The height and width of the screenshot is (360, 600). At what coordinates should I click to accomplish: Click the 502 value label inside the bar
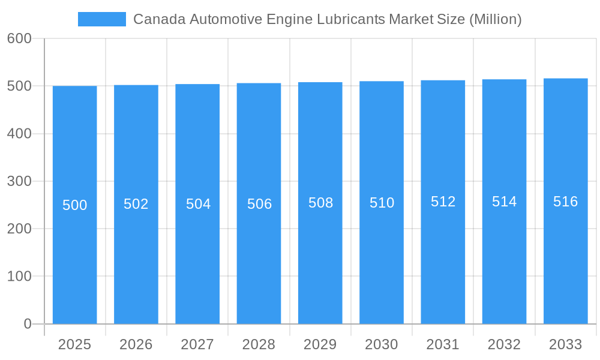point(136,204)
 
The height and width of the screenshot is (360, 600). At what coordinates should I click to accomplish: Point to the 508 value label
point(320,203)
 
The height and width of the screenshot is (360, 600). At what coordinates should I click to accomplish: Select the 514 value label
point(504,202)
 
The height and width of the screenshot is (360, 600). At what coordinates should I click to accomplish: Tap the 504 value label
point(198,204)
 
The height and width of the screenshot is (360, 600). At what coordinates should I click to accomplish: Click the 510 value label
point(382,203)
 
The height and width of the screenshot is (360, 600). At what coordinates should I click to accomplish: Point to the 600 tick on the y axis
point(19,38)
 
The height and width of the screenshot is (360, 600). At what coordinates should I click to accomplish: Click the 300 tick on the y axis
point(19,181)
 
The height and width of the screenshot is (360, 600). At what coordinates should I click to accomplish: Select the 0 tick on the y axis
point(28,324)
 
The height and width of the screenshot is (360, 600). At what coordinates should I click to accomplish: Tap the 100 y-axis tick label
point(19,277)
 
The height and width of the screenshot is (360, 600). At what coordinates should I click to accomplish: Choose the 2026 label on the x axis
point(136,344)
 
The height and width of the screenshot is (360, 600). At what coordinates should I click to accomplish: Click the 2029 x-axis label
point(320,344)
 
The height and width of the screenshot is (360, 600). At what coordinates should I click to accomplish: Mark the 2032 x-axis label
point(504,344)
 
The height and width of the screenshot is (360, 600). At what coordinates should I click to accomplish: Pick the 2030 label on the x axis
point(382,344)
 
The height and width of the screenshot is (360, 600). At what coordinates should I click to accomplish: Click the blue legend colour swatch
point(102,19)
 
